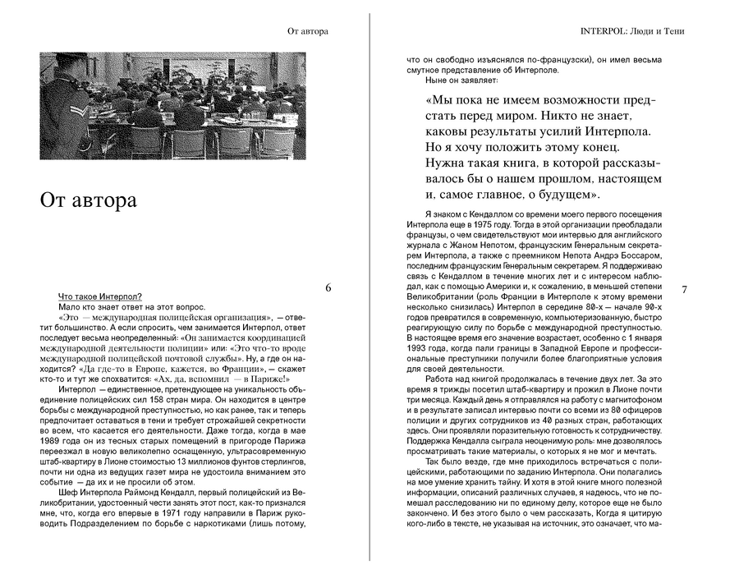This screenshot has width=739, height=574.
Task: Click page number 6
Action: click(x=328, y=288)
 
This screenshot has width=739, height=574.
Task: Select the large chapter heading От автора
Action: click(x=89, y=200)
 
